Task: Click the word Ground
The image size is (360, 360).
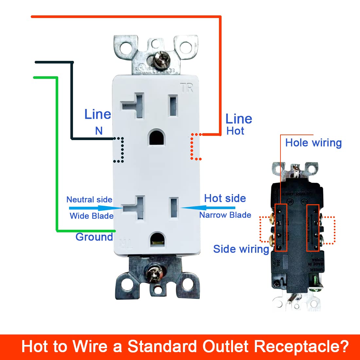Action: (94, 237)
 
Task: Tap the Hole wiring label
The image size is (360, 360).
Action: (313, 143)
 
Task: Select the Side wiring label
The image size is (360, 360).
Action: (241, 249)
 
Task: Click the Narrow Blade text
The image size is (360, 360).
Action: (225, 215)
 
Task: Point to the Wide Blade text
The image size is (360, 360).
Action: (92, 216)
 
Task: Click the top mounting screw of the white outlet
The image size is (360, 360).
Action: (160, 58)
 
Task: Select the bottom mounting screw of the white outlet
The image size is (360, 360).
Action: (153, 273)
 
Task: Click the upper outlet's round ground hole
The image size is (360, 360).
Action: (157, 137)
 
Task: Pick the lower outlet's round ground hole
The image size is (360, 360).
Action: (157, 239)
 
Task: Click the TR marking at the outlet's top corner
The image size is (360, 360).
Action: (187, 88)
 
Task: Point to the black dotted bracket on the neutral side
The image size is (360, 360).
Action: (119, 150)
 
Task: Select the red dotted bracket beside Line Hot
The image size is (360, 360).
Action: (196, 147)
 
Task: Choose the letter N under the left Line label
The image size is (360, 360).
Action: (99, 131)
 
